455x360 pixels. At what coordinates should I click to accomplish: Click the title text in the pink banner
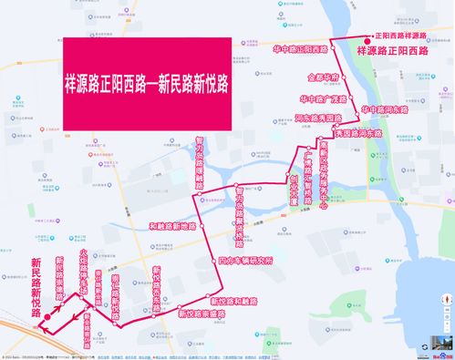tap(146, 80)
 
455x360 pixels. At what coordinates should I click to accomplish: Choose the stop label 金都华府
tap(323, 78)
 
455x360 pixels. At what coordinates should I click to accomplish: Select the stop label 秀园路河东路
tap(363, 133)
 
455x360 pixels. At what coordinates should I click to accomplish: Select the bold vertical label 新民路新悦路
tap(36, 286)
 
